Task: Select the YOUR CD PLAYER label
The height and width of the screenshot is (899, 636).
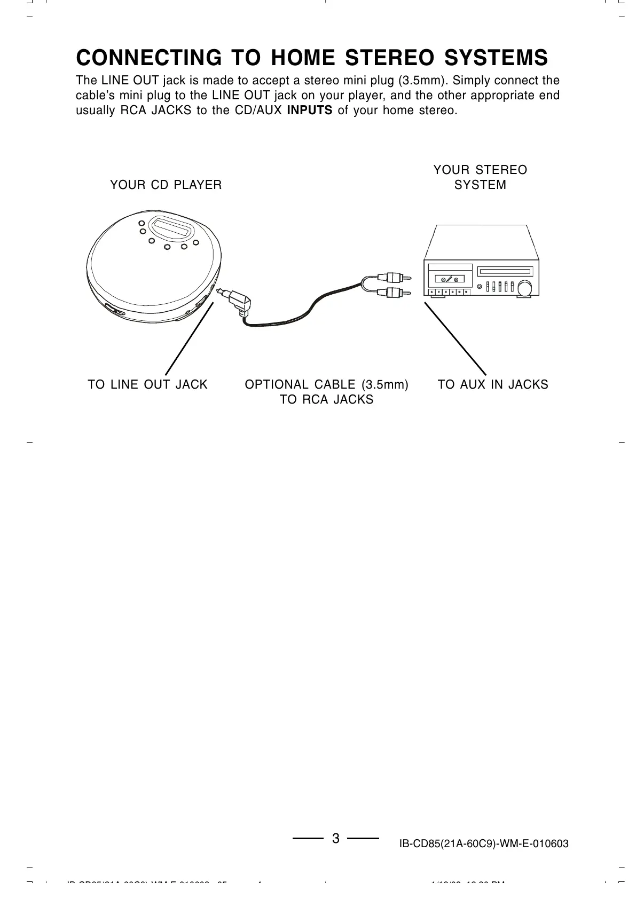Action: click(166, 185)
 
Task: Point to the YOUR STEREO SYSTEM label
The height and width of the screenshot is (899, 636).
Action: click(480, 177)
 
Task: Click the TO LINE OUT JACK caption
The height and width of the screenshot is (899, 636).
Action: click(147, 384)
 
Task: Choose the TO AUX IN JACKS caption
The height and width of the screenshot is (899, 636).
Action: click(493, 384)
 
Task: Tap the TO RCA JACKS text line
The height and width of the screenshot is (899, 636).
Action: click(327, 399)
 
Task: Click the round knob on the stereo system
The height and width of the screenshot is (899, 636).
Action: click(524, 288)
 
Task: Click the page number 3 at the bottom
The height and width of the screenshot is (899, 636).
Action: click(335, 838)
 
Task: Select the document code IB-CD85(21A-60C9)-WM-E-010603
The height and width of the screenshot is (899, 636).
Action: click(484, 844)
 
